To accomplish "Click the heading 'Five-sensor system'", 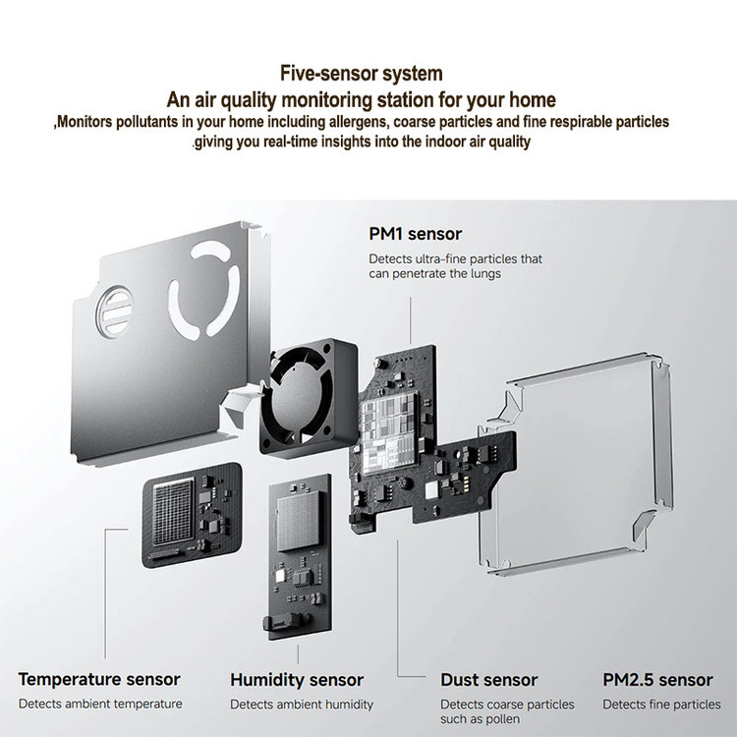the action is (362, 74).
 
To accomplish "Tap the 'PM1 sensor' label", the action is (415, 234).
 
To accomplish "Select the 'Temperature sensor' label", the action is (99, 680).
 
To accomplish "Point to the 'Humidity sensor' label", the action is (297, 680).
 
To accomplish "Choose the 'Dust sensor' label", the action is (488, 680).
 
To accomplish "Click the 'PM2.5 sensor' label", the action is (657, 680).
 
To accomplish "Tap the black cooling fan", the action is (309, 397).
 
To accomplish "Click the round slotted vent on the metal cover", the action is (114, 312).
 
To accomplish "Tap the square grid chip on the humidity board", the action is (301, 523).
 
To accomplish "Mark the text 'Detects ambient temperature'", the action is (100, 705).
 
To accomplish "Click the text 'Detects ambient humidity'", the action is (302, 705).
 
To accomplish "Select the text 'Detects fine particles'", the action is (661, 705).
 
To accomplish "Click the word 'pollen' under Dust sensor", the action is (498, 719).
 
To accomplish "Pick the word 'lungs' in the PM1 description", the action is (486, 274).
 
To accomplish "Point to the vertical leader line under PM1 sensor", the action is (411, 320).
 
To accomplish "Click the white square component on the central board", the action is (431, 490).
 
